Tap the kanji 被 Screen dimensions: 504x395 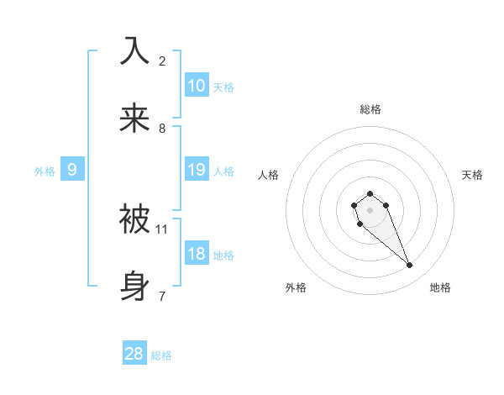pos(135,219)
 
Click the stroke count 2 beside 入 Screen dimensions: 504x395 pos(162,61)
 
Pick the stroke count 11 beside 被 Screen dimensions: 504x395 pos(162,229)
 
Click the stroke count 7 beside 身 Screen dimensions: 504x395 pos(162,296)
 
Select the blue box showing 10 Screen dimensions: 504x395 pos(196,85)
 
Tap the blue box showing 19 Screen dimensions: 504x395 pos(196,169)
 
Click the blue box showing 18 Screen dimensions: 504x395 pos(196,253)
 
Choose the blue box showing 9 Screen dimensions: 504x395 pos(72,169)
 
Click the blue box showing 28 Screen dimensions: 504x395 pos(134,354)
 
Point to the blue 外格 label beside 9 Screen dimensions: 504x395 pos(45,171)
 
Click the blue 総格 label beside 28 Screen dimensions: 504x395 pos(161,355)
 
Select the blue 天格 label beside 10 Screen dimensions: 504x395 pos(223,87)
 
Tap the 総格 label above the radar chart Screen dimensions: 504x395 pos(370,109)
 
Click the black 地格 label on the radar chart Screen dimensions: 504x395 pos(440,287)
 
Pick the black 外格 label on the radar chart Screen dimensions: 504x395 pos(296,287)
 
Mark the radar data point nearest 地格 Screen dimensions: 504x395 pos(410,266)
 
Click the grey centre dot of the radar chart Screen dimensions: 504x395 pos(370,210)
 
